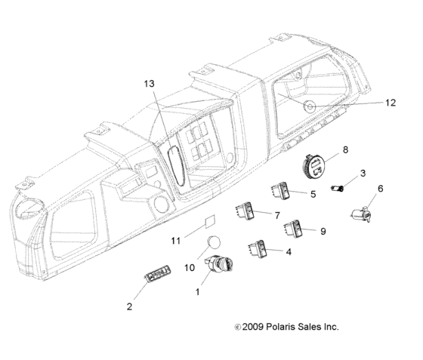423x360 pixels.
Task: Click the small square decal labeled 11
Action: pos(210,222)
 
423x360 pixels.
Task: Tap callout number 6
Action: pos(380,189)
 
